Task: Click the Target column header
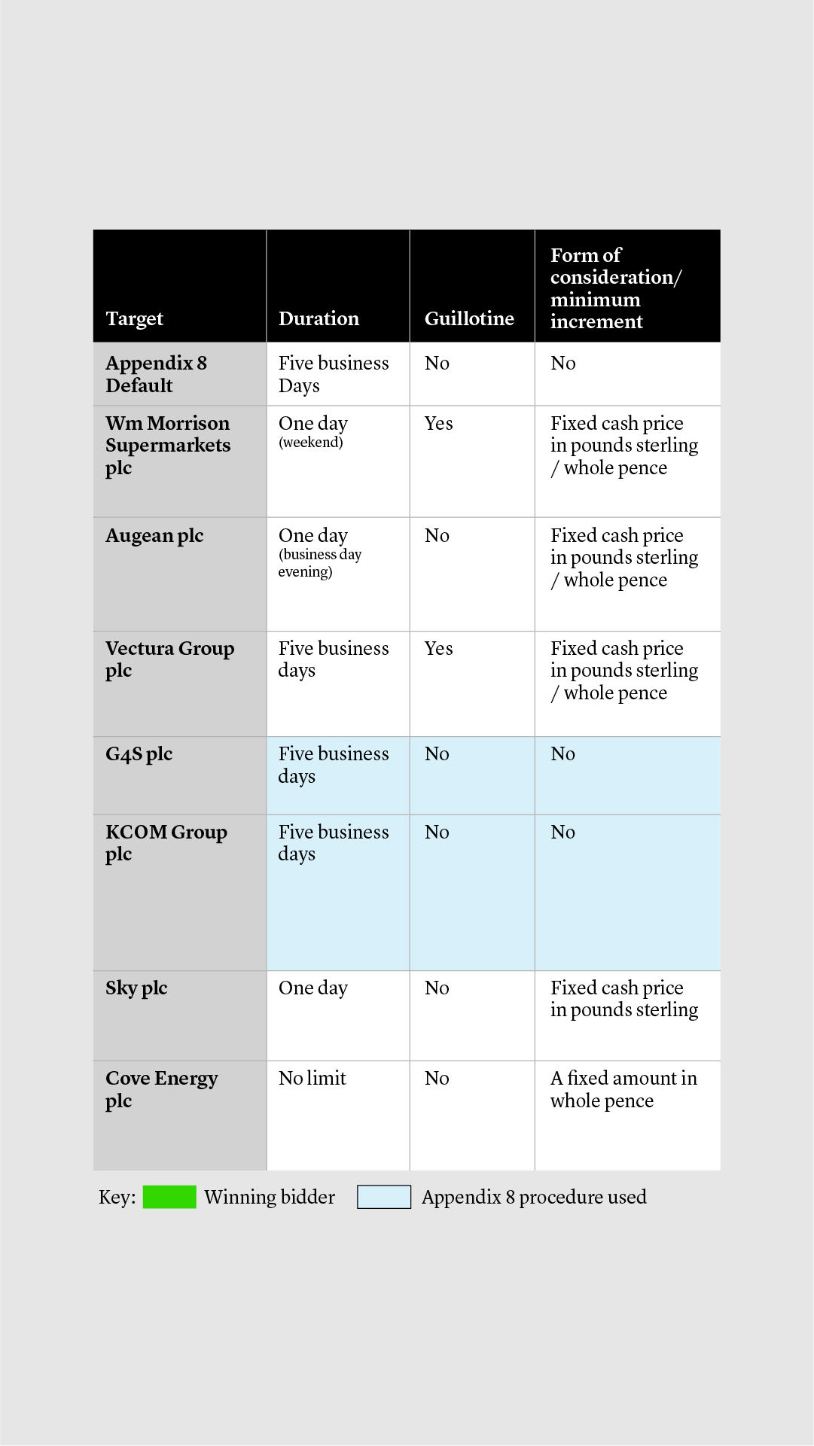(x=135, y=318)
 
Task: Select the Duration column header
(x=319, y=318)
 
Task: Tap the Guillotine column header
(x=469, y=318)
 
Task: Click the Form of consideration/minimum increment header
(x=615, y=288)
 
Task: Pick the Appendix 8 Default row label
(x=156, y=374)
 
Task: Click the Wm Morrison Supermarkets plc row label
(x=168, y=445)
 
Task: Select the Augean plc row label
(x=154, y=535)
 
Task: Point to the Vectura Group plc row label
(x=169, y=659)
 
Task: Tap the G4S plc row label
(x=139, y=753)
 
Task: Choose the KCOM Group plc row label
(x=166, y=842)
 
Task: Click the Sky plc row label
(x=136, y=988)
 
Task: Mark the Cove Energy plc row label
(x=161, y=1088)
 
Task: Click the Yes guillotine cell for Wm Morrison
(x=438, y=423)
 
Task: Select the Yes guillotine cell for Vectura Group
(x=438, y=648)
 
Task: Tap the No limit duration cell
(x=312, y=1078)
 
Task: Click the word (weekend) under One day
(x=310, y=442)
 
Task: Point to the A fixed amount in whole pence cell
(x=623, y=1089)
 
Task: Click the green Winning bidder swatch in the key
(x=169, y=1197)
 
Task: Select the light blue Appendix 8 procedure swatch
(x=384, y=1197)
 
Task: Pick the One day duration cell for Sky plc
(x=312, y=988)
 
